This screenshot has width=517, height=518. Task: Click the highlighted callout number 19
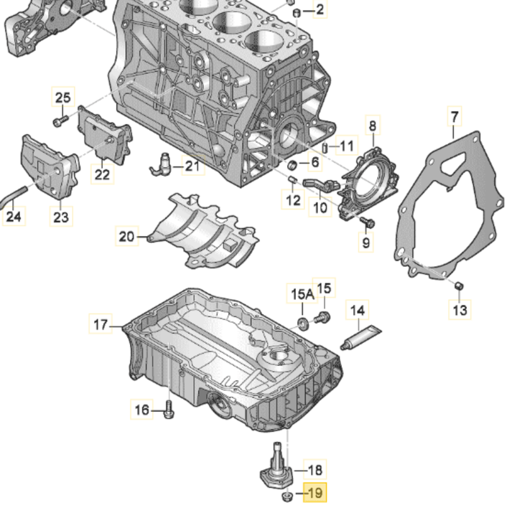[315, 494]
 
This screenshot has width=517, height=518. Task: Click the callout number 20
[126, 235]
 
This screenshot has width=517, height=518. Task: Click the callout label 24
[14, 215]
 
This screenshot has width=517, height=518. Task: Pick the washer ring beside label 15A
[303, 319]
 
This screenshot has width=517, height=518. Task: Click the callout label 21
[192, 166]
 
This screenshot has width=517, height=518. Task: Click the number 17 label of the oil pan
[101, 325]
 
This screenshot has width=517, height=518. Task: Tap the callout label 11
[347, 146]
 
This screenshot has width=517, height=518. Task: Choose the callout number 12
[293, 199]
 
